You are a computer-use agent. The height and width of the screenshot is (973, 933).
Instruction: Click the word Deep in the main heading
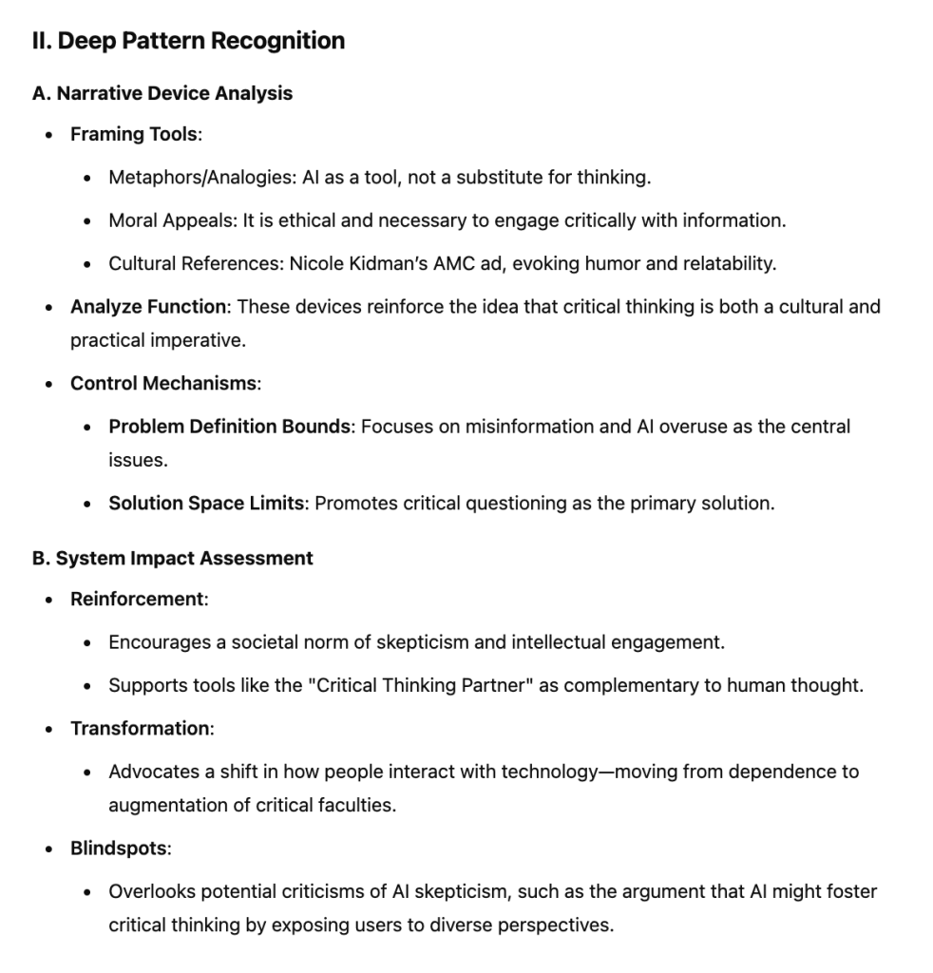[x=85, y=41]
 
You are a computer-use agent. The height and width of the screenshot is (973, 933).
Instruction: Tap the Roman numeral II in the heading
[x=42, y=41]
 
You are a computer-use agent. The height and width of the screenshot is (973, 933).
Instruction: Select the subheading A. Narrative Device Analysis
[x=162, y=93]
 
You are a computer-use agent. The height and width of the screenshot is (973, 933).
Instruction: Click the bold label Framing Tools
[x=134, y=135]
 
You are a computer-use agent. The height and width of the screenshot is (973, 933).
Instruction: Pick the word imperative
[x=199, y=341]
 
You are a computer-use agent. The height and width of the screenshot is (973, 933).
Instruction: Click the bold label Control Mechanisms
[x=163, y=384]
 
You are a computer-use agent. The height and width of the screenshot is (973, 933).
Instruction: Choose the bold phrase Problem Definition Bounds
[x=229, y=427]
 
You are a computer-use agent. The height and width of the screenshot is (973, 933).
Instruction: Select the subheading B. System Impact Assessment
[x=173, y=559]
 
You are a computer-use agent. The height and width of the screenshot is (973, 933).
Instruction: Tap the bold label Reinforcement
[x=137, y=600]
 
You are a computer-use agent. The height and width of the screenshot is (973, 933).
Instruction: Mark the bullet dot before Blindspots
[x=49, y=849]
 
